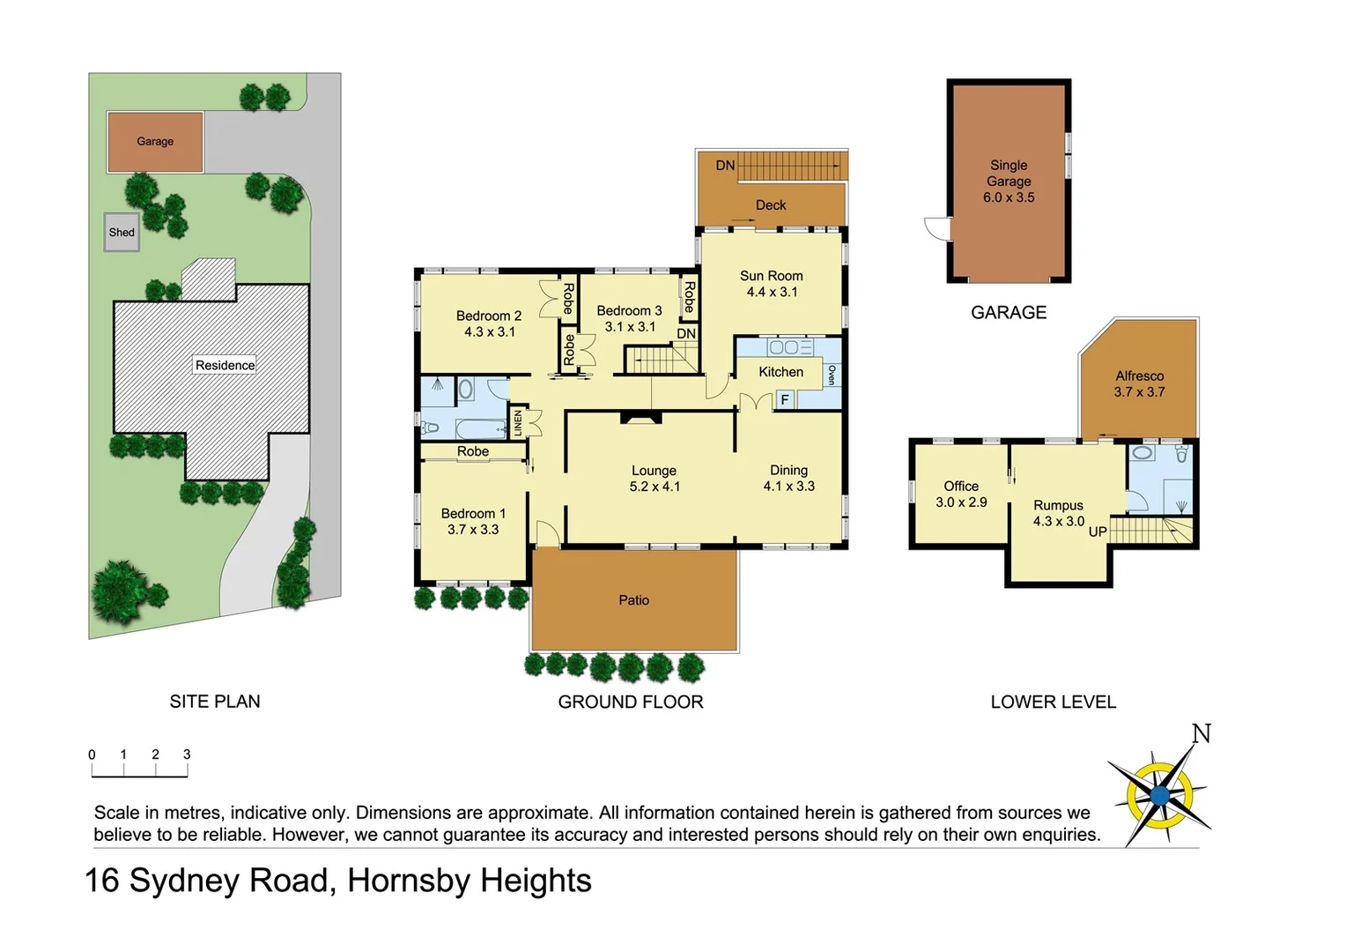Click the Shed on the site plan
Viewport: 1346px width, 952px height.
pos(122,233)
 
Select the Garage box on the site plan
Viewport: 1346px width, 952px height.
pos(155,141)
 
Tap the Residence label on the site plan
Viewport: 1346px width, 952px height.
pos(225,365)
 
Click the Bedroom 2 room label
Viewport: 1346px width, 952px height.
pos(489,316)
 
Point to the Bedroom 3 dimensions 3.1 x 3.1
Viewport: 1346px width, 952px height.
pos(630,327)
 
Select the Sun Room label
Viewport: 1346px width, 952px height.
pos(771,276)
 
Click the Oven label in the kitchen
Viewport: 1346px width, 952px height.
pos(832,375)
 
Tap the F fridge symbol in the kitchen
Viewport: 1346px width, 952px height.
pos(784,400)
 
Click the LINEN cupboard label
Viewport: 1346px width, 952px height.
pos(518,423)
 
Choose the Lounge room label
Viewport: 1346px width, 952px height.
pos(654,471)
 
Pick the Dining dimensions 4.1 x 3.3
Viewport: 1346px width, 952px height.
pos(788,487)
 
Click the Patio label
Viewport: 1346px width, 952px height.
pos(633,600)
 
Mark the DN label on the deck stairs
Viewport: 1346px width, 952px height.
pos(725,166)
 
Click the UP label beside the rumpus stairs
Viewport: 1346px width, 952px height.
pos(1098,532)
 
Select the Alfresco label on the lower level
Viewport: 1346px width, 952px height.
pos(1139,376)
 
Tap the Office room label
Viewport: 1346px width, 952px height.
pos(961,487)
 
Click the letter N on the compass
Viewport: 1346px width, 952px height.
pos(1202,733)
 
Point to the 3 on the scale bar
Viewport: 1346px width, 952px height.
pos(187,755)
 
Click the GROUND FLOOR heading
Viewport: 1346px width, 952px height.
pos(631,703)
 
